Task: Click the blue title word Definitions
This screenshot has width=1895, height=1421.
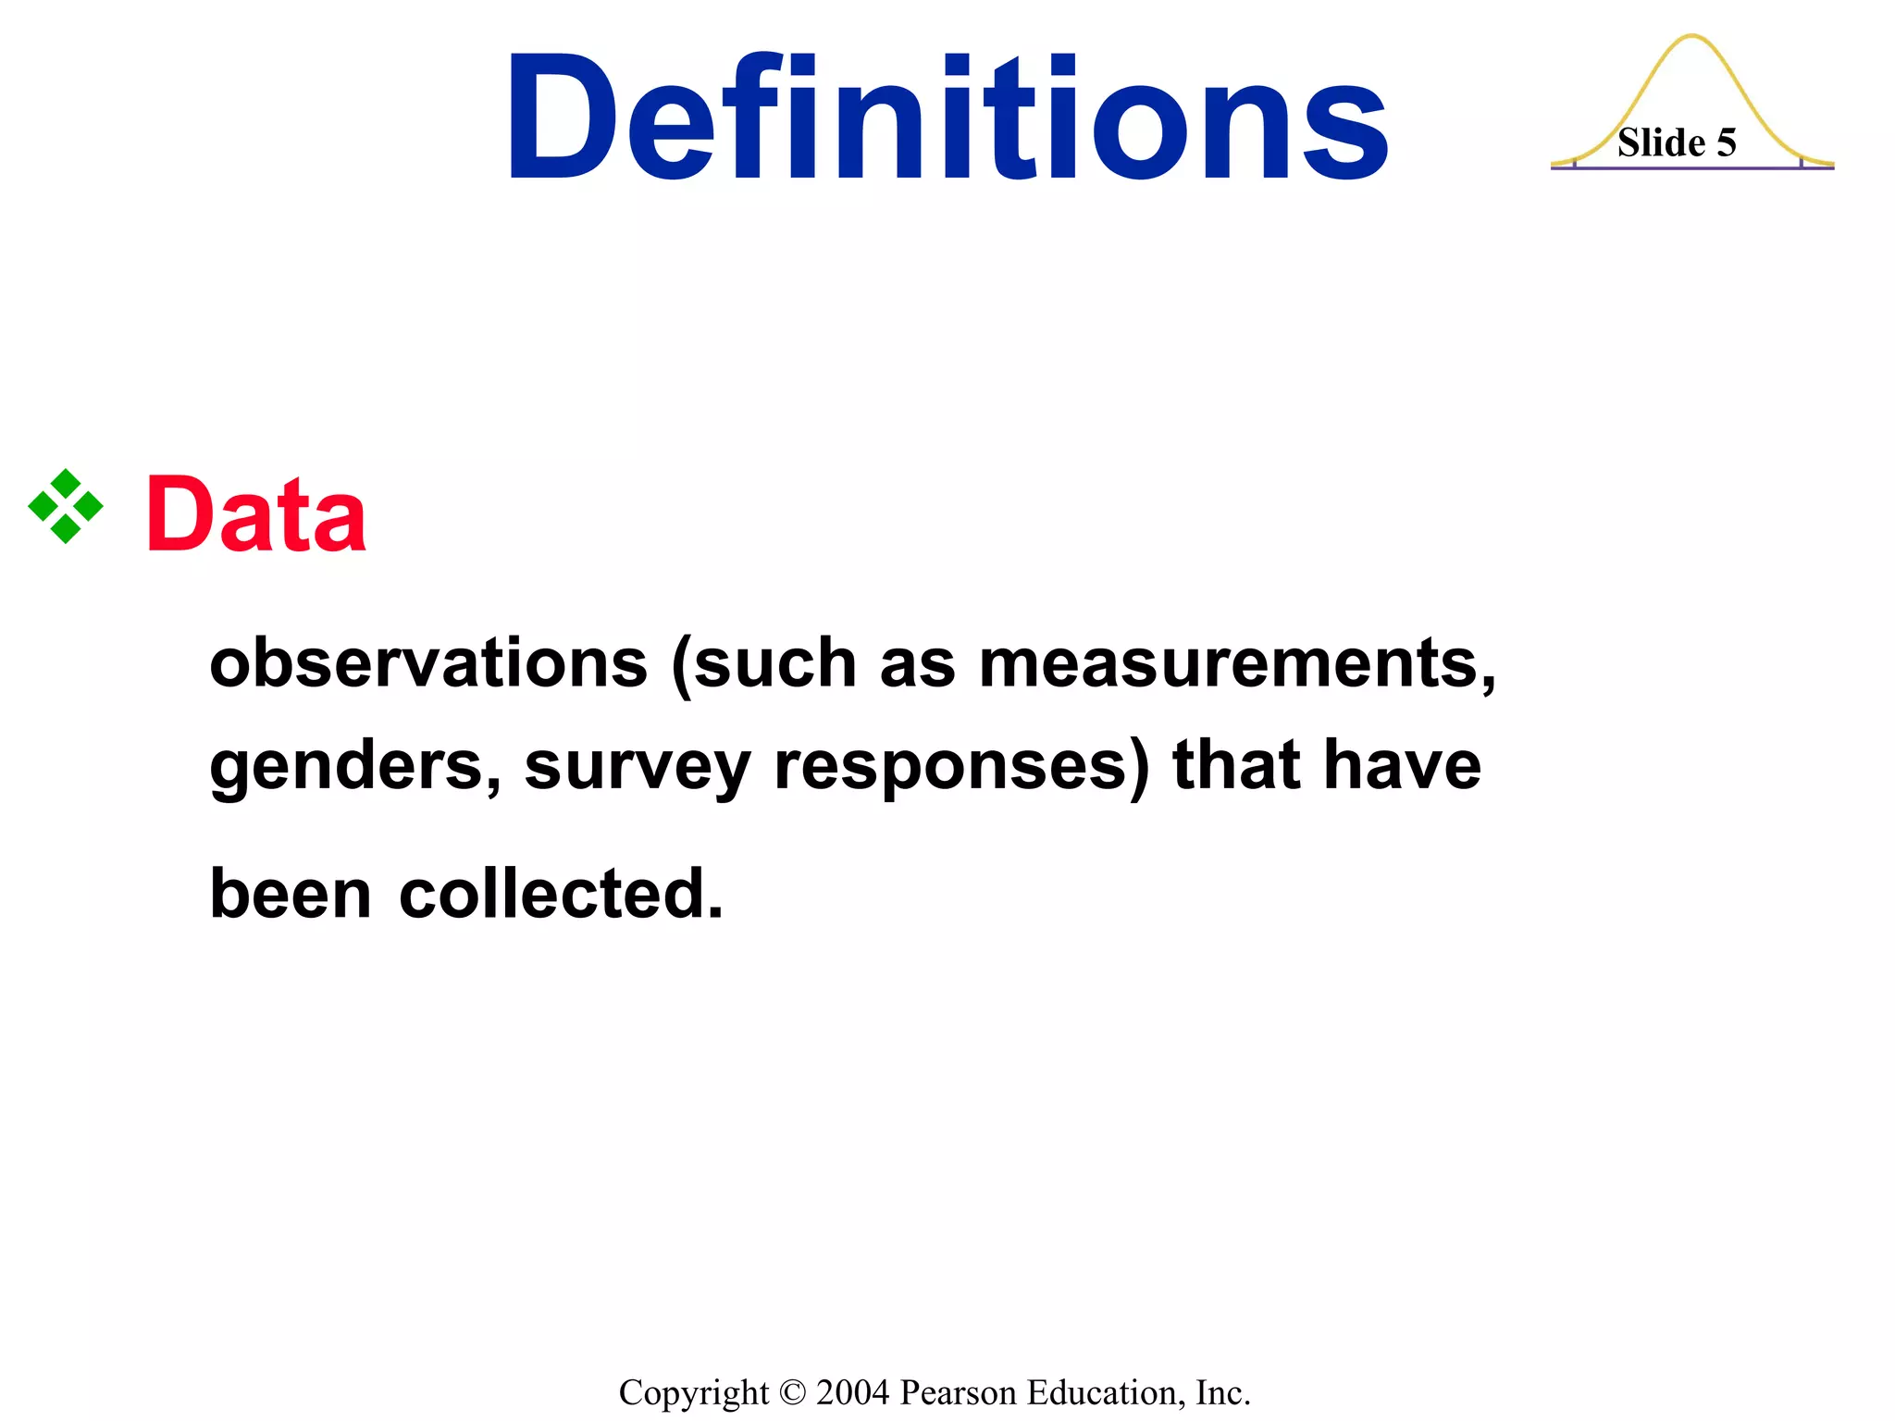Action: pos(946,117)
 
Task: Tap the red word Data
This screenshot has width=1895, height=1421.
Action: pos(256,515)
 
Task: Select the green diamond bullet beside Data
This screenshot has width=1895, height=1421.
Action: pos(66,506)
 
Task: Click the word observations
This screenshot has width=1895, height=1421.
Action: pos(428,663)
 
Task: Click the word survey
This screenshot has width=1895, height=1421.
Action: pos(638,767)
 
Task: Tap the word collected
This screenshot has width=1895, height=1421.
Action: pos(561,894)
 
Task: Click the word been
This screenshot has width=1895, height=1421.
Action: pos(291,894)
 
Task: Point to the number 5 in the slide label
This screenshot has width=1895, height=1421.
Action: pos(1727,143)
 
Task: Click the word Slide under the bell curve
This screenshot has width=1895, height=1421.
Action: pos(1661,143)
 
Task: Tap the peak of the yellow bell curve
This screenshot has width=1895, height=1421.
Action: pos(1692,37)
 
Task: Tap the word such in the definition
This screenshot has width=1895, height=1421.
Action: pos(775,663)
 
